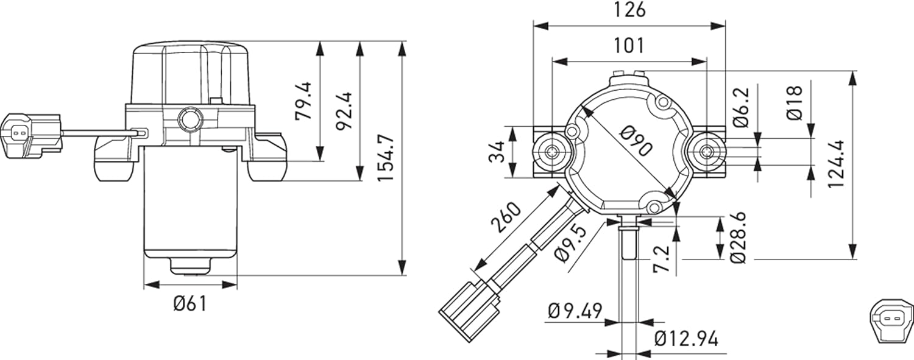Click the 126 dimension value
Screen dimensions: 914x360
click(x=630, y=10)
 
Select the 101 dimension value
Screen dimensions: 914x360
click(x=629, y=46)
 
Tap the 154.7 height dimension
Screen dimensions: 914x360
click(x=386, y=158)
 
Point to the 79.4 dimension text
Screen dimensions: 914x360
click(x=303, y=101)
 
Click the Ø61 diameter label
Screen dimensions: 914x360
click(x=190, y=304)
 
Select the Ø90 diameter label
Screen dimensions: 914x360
click(x=636, y=141)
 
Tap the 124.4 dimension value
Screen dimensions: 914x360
click(x=836, y=164)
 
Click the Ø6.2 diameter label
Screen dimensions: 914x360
click(x=742, y=108)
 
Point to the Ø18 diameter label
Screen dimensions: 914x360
click(x=795, y=103)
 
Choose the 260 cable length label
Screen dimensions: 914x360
click(x=506, y=217)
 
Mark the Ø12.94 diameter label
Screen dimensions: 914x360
click(x=686, y=339)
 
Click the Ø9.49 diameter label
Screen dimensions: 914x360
click(x=575, y=311)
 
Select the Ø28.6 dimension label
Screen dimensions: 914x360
click(x=738, y=238)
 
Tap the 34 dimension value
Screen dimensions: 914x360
click(x=497, y=152)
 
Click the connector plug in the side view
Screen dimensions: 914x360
click(x=31, y=136)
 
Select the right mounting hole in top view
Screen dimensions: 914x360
click(x=706, y=152)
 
